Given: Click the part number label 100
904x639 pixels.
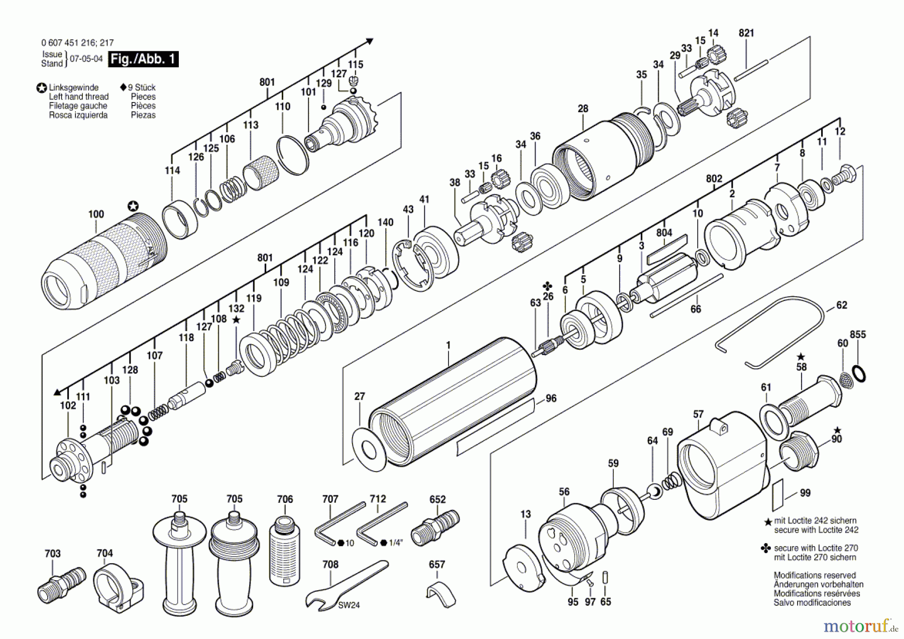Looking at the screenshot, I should (x=96, y=215).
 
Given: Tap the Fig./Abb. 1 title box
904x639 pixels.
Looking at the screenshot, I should (x=143, y=59).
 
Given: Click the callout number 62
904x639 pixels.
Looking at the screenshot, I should (x=841, y=305).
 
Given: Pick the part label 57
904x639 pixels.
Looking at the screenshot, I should (x=698, y=414).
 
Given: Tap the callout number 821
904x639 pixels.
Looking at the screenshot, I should (x=746, y=33).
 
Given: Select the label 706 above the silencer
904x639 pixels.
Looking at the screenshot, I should (x=285, y=499).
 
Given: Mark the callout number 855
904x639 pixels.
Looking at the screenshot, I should (x=858, y=335).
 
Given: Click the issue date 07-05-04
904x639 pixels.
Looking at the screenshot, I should (x=86, y=59).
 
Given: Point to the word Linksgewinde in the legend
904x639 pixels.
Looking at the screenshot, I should (x=73, y=87).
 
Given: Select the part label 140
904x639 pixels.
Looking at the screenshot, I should (x=385, y=223).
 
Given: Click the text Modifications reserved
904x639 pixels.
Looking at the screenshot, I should (x=814, y=575).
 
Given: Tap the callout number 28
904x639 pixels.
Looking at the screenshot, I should (x=583, y=109).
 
